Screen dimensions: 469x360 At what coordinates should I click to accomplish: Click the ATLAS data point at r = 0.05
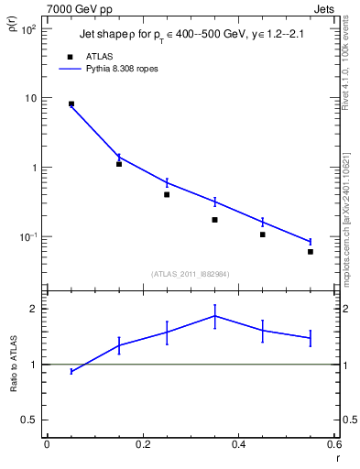[71, 104]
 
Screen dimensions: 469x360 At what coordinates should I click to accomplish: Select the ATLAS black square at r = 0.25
[167, 194]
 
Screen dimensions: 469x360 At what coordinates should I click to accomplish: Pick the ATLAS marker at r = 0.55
[311, 252]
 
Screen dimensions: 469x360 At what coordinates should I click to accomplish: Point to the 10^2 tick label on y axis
[28, 29]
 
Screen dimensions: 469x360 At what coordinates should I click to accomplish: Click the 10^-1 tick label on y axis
[28, 237]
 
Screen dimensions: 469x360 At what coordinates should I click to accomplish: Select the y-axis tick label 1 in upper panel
[33, 168]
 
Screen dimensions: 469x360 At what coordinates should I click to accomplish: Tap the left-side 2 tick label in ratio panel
[33, 309]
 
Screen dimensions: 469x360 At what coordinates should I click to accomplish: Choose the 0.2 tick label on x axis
[142, 445]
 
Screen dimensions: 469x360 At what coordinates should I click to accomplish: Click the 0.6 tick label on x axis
[334, 445]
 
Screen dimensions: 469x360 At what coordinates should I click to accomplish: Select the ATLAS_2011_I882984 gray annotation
[190, 274]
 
